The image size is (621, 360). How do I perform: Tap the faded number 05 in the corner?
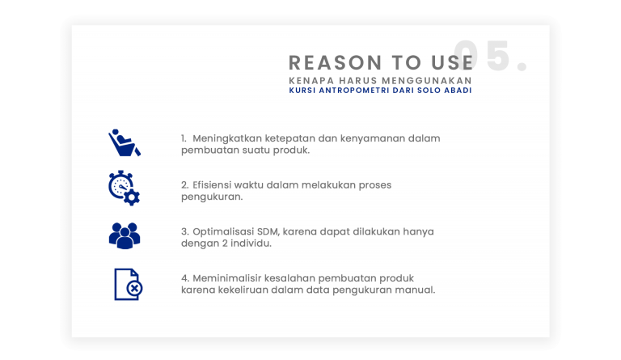pos(482,56)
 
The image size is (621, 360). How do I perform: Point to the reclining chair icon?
pos(124,142)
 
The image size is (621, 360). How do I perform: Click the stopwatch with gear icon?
pos(124,188)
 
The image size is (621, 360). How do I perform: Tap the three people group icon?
pos(125,235)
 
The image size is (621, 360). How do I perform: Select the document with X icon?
pos(129,284)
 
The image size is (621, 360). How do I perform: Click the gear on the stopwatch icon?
pos(132,197)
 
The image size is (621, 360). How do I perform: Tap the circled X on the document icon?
pos(135,288)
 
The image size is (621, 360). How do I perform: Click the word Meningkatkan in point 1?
pos(227,138)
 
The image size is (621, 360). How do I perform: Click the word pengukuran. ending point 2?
pos(212,197)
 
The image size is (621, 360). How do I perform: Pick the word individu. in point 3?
pos(251,244)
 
